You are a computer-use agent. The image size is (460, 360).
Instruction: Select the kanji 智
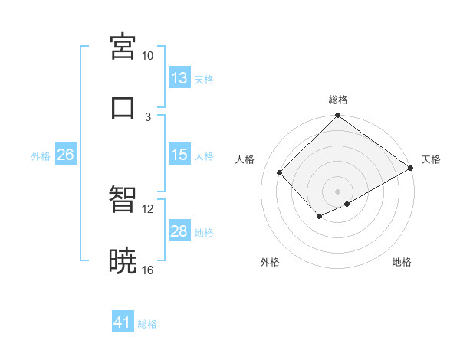click(123, 199)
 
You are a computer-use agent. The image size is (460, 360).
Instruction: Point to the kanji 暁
click(123, 261)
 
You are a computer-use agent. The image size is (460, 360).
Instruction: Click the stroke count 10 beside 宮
click(148, 56)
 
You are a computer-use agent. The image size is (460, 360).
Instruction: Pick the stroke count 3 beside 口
click(148, 116)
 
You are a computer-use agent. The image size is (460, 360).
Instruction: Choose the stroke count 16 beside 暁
click(148, 270)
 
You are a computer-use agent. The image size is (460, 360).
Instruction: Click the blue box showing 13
click(179, 78)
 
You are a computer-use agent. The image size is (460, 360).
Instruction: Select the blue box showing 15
click(179, 155)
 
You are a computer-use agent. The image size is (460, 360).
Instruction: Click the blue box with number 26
click(65, 155)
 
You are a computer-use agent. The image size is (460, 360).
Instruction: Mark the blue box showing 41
click(123, 322)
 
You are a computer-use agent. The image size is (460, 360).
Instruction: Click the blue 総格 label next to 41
click(148, 324)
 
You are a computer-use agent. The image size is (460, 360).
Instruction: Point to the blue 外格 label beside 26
click(41, 156)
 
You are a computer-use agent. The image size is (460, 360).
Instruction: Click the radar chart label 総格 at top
click(338, 100)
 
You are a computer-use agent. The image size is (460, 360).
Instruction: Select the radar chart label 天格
click(431, 159)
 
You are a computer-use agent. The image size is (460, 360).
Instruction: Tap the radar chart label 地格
click(402, 262)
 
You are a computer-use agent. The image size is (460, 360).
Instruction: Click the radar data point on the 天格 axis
click(411, 169)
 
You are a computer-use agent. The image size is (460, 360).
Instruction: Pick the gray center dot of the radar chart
click(337, 191)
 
